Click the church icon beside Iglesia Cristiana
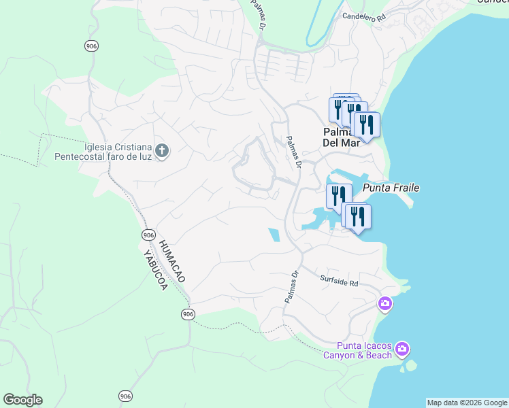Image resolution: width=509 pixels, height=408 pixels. (162, 151)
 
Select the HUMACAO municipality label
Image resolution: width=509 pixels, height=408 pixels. (171, 260)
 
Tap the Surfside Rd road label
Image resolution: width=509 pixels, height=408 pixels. (339, 279)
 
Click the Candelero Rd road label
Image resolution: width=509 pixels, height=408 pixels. (363, 15)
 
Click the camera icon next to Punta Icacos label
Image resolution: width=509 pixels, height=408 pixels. (403, 350)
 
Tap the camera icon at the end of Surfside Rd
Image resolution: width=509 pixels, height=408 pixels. (385, 303)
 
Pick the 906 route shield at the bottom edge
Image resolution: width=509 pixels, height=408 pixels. (125, 396)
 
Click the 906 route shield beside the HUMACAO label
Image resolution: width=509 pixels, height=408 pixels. (148, 235)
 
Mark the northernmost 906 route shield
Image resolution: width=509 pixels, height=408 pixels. (91, 46)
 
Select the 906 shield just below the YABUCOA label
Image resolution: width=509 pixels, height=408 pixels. (188, 313)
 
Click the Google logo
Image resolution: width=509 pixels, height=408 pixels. (22, 400)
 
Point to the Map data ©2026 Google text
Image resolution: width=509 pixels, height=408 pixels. (467, 403)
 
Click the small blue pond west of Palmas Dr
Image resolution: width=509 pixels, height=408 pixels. (275, 235)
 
